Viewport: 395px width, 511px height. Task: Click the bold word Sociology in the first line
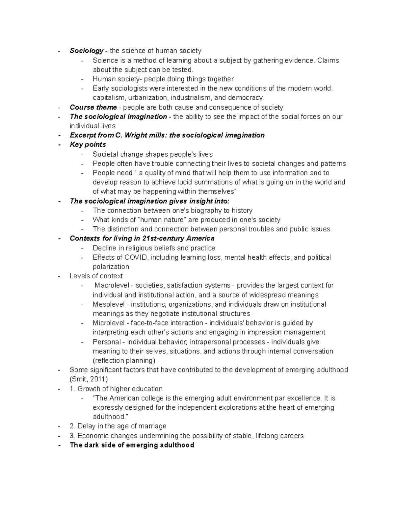point(87,51)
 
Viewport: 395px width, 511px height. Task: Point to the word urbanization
point(147,98)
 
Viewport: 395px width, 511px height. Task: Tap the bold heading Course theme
point(93,107)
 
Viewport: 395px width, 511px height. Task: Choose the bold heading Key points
point(88,145)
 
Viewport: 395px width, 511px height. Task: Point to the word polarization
point(111,267)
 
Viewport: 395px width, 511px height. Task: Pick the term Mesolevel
point(108,304)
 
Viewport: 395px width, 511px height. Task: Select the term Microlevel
point(108,323)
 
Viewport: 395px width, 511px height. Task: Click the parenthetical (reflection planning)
point(124,361)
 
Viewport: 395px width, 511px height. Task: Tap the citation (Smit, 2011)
point(89,379)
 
